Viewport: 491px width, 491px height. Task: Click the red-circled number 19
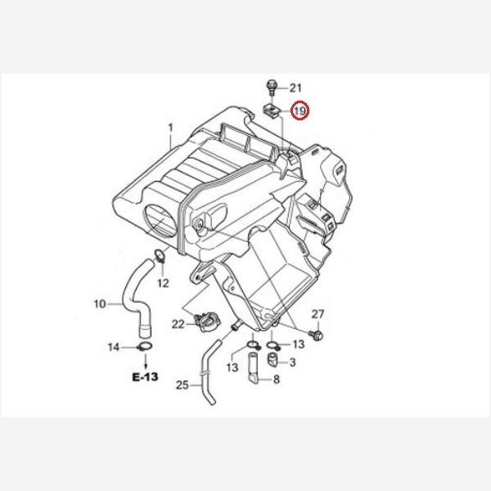[x=300, y=110]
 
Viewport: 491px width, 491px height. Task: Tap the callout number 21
[x=295, y=88]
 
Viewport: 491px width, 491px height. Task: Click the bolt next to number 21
[x=271, y=87]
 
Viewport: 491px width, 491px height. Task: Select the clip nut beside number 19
[x=272, y=111]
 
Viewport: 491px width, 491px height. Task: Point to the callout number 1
[x=170, y=128]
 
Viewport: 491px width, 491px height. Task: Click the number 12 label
[x=163, y=283]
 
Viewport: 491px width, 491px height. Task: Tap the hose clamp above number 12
[x=160, y=255]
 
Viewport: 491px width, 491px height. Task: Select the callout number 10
[x=100, y=304]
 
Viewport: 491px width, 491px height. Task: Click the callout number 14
[x=114, y=347]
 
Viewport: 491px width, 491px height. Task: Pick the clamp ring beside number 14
[x=145, y=347]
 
